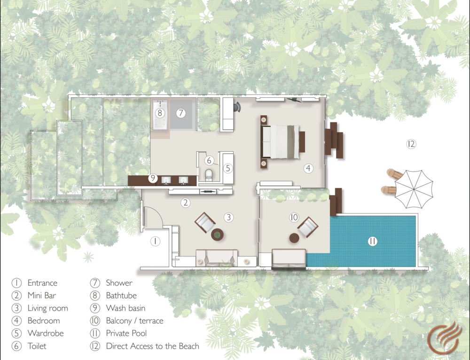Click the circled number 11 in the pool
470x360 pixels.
tap(372, 241)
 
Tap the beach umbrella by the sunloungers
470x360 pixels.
tap(414, 189)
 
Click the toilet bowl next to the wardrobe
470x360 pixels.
tap(209, 175)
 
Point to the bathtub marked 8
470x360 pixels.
tap(160, 115)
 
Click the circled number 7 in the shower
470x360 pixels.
tap(180, 113)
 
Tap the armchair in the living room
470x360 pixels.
tap(205, 222)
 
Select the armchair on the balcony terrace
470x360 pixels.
tap(307, 227)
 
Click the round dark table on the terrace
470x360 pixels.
tap(294, 238)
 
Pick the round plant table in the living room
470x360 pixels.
tap(217, 235)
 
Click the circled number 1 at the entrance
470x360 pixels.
tap(155, 241)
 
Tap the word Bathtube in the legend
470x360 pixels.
tap(121, 296)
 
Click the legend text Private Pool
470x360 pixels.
tap(126, 333)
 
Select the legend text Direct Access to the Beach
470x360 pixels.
tap(153, 346)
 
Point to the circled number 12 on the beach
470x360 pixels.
tap(411, 144)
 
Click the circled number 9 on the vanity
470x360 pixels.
tap(153, 178)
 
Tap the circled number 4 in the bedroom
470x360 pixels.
tap(308, 168)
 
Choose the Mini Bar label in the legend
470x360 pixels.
tap(42, 296)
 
